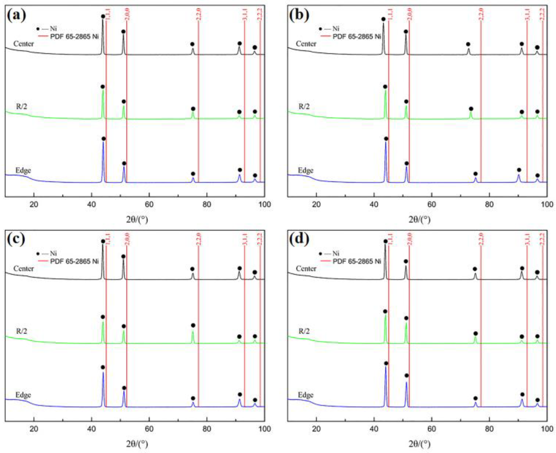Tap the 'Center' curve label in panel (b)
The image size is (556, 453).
coord(306,44)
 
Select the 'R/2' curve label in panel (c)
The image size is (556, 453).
coord(22,331)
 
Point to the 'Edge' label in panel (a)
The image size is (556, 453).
coord(23,171)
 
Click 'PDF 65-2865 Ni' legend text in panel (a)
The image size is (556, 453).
coord(74,37)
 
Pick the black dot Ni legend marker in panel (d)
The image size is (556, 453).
coord(321,253)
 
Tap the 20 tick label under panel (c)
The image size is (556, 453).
coord(34,429)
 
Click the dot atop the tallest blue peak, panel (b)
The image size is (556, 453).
coord(386,139)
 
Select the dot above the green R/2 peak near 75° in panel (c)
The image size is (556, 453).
coord(193,325)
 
